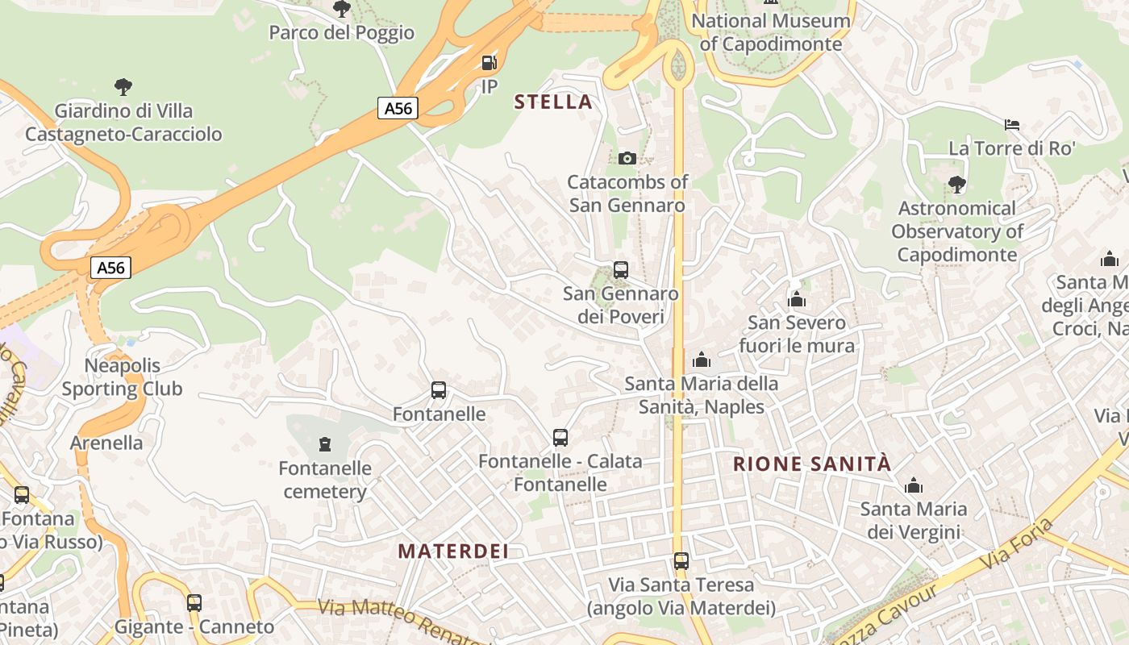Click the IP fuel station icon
[489, 63]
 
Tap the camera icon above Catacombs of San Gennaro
[627, 158]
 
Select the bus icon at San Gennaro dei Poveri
[621, 270]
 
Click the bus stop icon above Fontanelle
[439, 391]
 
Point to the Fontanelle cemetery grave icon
[325, 443]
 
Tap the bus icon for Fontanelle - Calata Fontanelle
[560, 438]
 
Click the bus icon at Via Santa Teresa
[681, 561]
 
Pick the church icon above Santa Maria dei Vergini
[914, 485]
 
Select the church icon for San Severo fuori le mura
[797, 300]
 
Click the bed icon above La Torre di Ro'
[1012, 125]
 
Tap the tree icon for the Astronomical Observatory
[957, 185]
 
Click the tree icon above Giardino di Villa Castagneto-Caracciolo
[123, 86]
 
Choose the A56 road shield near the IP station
[398, 108]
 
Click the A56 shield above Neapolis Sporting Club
[110, 268]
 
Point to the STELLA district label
[553, 102]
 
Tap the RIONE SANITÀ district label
[813, 464]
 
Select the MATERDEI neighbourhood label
[454, 551]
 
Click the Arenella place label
[106, 443]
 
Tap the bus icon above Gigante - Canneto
[194, 602]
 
